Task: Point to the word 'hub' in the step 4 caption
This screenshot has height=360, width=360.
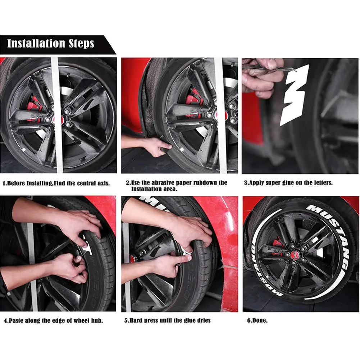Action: pos(97,320)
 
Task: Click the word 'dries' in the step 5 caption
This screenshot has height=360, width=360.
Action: pos(203,320)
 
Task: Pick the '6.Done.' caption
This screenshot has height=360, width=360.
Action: pos(257,320)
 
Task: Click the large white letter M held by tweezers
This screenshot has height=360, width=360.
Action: pos(294,95)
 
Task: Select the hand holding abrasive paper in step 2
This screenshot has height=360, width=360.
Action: pos(156,146)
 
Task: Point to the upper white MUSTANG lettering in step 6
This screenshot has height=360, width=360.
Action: pos(331,234)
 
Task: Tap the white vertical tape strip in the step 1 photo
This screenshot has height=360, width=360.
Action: pos(57,115)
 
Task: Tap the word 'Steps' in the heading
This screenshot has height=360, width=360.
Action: pos(82,44)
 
